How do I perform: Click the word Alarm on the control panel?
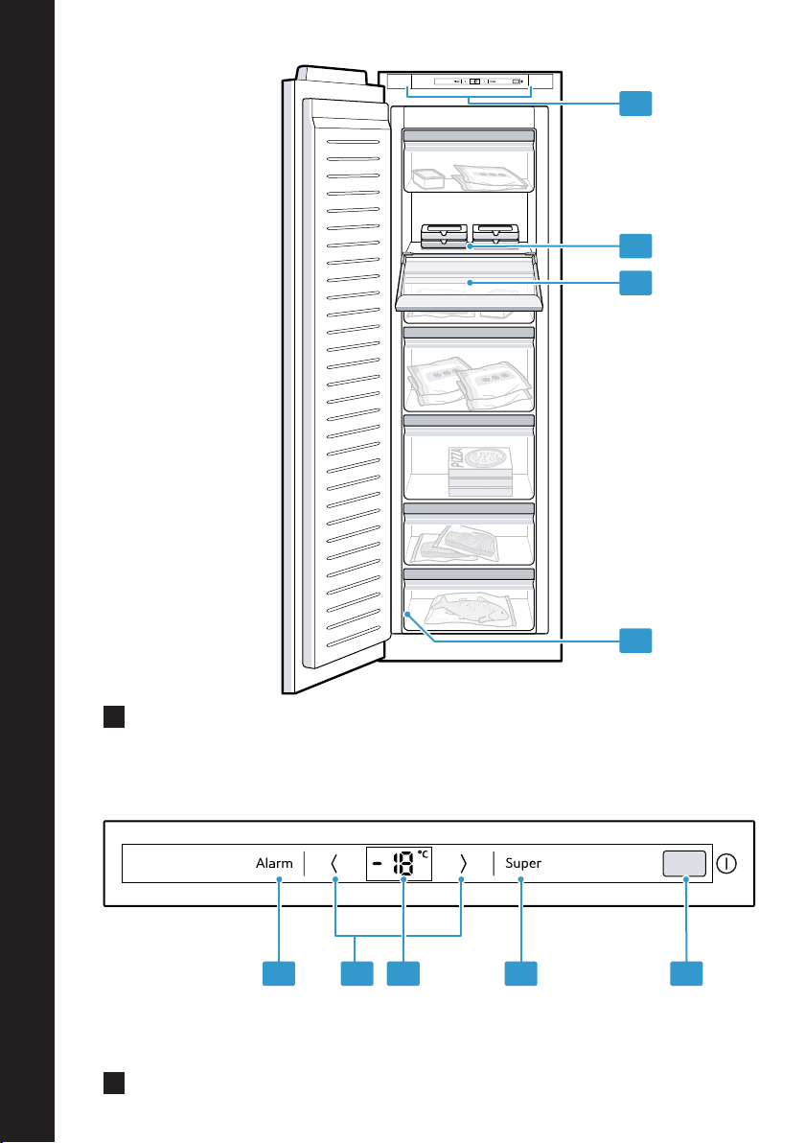(x=274, y=863)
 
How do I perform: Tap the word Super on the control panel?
(x=523, y=863)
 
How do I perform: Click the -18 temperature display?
(x=400, y=864)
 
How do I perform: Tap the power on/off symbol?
(x=726, y=864)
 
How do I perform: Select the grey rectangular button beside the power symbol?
(x=684, y=863)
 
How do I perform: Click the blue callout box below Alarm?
(x=279, y=973)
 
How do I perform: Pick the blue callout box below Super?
(x=521, y=973)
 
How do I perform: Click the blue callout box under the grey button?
(x=686, y=973)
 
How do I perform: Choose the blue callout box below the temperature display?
(x=403, y=973)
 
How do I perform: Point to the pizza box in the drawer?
(x=480, y=470)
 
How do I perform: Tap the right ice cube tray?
(x=495, y=234)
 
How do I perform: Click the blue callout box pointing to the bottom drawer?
(x=635, y=640)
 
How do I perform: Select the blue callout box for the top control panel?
(x=635, y=104)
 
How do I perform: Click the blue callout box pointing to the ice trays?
(x=635, y=245)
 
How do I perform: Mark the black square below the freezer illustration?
(x=114, y=716)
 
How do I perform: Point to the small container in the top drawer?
(x=428, y=177)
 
